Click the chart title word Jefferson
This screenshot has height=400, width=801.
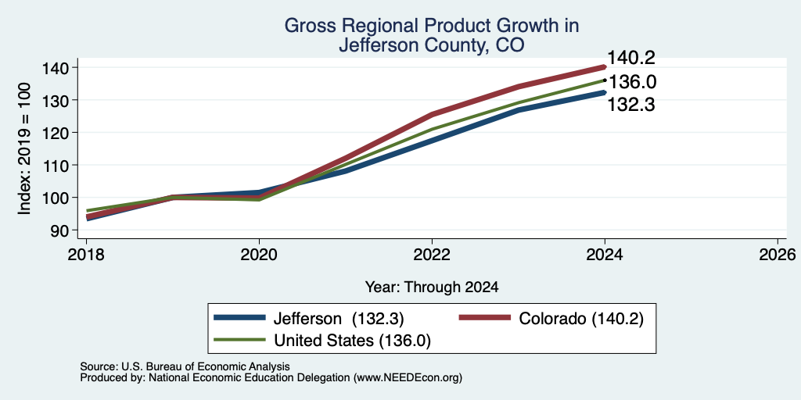pyautogui.click(x=377, y=45)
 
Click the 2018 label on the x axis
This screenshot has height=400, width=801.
pyautogui.click(x=86, y=254)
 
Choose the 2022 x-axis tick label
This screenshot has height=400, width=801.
pyautogui.click(x=432, y=254)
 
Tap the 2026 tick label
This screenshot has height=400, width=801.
pyautogui.click(x=778, y=254)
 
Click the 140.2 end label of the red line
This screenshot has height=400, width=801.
pyautogui.click(x=631, y=58)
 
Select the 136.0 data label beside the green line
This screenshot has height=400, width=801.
pyautogui.click(x=632, y=82)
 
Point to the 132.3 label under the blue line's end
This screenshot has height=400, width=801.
pyautogui.click(x=631, y=105)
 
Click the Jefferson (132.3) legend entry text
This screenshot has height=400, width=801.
pyautogui.click(x=339, y=319)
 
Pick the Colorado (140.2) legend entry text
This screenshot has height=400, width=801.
pyautogui.click(x=581, y=319)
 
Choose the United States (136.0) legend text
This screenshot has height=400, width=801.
pyautogui.click(x=353, y=341)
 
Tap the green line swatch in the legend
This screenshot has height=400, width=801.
pyautogui.click(x=239, y=340)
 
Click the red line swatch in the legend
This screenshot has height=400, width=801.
pyautogui.click(x=485, y=317)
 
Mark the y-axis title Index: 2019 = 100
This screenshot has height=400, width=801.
pyautogui.click(x=24, y=149)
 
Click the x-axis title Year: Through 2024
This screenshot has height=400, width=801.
pyautogui.click(x=432, y=287)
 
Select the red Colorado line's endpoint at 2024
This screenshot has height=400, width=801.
pyautogui.click(x=605, y=67)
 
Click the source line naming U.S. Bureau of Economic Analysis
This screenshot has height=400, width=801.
pyautogui.click(x=185, y=366)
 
